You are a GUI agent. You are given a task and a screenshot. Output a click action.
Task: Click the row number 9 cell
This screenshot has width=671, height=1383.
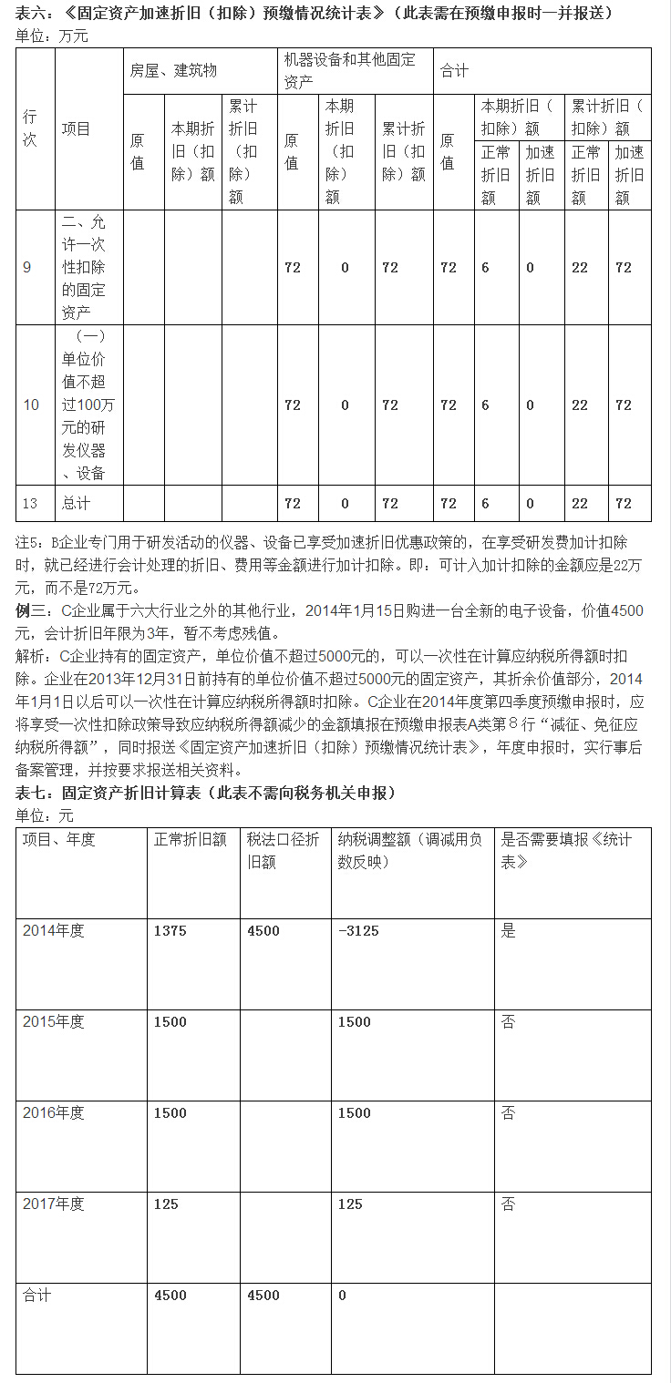(27, 268)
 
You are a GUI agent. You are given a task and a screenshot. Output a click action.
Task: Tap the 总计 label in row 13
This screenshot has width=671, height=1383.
(77, 503)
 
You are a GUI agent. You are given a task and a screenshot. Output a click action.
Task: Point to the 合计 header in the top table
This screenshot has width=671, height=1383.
(454, 70)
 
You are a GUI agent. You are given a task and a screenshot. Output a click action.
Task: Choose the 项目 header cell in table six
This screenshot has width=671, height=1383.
(77, 128)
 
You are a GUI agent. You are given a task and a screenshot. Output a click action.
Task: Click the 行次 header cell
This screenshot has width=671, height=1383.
(31, 128)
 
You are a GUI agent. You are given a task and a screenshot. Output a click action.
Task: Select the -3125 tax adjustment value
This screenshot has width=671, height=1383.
(358, 931)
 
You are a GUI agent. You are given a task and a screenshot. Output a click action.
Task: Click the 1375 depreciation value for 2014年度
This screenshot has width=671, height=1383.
(170, 931)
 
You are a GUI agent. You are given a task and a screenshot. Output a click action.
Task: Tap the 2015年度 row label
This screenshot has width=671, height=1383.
(54, 1022)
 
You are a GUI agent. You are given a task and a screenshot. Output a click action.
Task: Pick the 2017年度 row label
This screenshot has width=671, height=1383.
(54, 1204)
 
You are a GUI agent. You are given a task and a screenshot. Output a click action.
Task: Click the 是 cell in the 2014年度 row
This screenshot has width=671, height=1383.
(509, 931)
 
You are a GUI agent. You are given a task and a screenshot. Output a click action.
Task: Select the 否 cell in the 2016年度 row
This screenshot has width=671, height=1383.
(509, 1113)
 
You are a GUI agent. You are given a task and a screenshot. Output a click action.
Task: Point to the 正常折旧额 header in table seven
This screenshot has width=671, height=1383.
(191, 840)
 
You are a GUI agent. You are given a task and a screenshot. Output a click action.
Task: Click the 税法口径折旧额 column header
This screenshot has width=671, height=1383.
(283, 850)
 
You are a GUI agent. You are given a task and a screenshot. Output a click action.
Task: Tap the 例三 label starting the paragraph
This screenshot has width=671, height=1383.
(33, 610)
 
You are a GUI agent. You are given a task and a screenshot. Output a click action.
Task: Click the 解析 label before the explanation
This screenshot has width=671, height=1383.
(33, 656)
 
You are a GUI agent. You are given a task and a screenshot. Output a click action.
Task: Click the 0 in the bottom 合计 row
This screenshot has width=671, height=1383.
(343, 1296)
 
